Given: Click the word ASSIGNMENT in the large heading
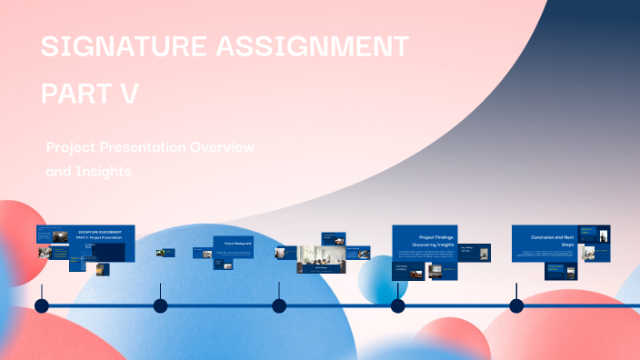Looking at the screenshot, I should (x=314, y=46).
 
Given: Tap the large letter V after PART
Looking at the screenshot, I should (x=128, y=93).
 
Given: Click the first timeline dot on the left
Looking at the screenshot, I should (x=41, y=305).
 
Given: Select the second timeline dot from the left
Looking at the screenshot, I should (x=160, y=305).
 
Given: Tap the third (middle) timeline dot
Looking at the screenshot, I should (x=279, y=305).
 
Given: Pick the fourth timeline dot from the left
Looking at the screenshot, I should (x=397, y=305).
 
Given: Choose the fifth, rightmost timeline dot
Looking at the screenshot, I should (x=516, y=305).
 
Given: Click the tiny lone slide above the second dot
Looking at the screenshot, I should (x=164, y=253).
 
